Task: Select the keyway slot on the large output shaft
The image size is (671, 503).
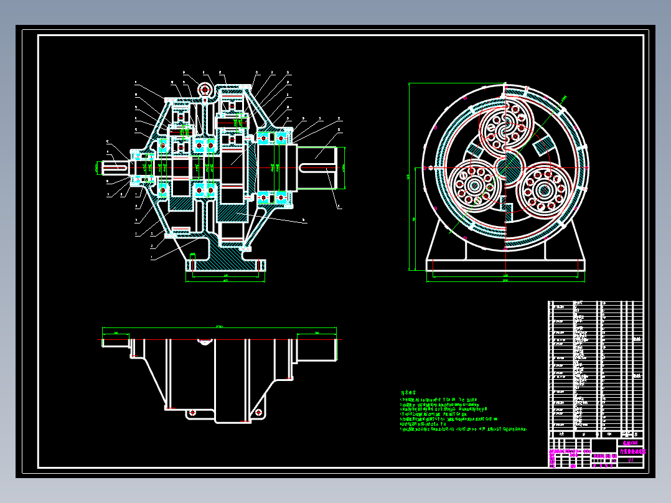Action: point(319,167)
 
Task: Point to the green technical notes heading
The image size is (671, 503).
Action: point(408,393)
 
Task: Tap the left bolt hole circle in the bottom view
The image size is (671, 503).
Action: point(192,411)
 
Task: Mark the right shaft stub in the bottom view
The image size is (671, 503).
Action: point(316,348)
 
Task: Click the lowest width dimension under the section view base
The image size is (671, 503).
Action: point(225,281)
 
